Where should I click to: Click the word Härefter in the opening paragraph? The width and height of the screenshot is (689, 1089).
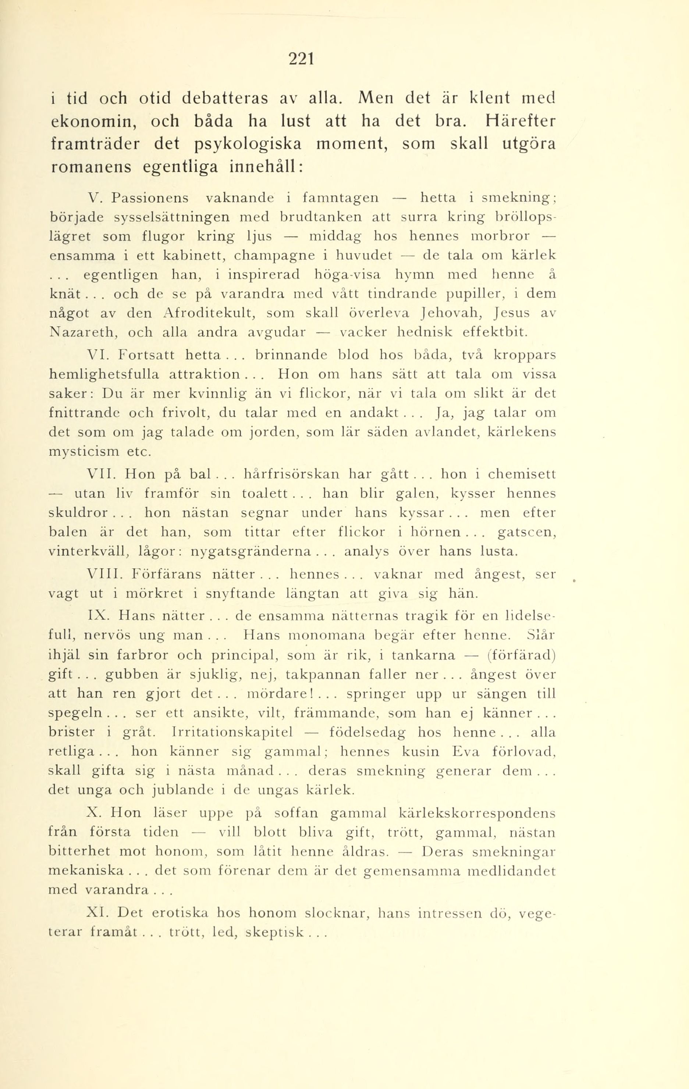(x=520, y=121)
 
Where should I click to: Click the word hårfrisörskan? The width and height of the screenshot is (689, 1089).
(x=291, y=474)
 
